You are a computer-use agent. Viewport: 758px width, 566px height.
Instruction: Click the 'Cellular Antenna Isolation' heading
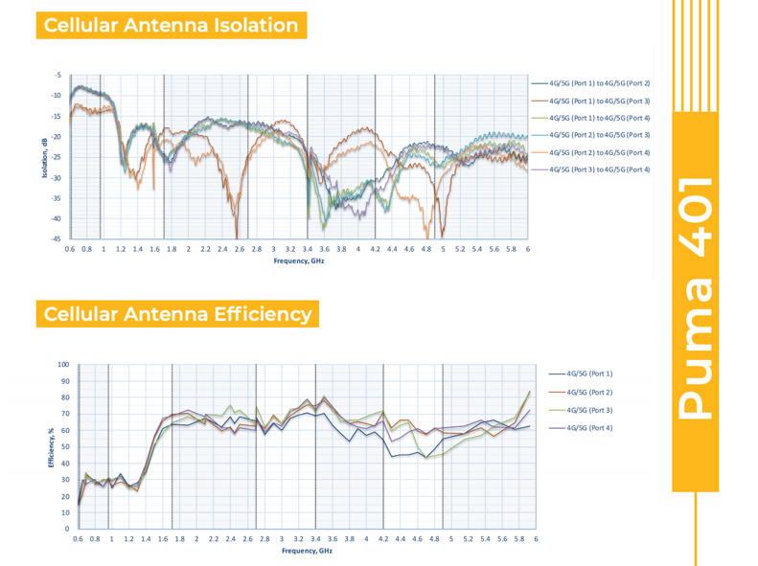172,25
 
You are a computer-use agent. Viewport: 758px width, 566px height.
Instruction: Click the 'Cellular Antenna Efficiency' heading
177,314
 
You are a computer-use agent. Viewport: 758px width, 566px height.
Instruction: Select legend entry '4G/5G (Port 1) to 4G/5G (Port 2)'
599,83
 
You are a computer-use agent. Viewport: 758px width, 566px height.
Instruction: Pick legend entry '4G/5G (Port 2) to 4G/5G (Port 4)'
599,152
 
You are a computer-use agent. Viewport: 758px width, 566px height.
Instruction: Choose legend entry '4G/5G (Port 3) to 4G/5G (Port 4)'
599,170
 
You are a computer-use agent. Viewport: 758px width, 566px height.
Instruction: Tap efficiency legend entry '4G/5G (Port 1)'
589,374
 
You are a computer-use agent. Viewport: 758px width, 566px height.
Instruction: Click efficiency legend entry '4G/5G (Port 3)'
589,410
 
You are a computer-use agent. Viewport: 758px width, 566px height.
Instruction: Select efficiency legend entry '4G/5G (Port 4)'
589,427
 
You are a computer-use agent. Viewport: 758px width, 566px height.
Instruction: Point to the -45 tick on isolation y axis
57,238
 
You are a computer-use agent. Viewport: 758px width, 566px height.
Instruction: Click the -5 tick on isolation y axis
58,75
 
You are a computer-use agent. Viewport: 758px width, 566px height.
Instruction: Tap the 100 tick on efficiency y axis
63,365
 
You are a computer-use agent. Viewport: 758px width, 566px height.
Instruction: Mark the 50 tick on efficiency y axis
65,447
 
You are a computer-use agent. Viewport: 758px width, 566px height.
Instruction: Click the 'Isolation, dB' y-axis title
44,158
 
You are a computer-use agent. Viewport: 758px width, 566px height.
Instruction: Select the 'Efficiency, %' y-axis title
51,447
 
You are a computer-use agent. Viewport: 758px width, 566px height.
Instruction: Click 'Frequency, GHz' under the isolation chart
299,260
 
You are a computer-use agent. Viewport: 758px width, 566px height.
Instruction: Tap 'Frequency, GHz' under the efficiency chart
307,551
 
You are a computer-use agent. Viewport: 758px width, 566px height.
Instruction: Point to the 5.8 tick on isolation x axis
511,249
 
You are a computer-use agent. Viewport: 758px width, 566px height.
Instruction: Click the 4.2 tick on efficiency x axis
383,539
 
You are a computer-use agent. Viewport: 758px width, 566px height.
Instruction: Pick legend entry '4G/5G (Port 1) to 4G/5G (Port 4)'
599,118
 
